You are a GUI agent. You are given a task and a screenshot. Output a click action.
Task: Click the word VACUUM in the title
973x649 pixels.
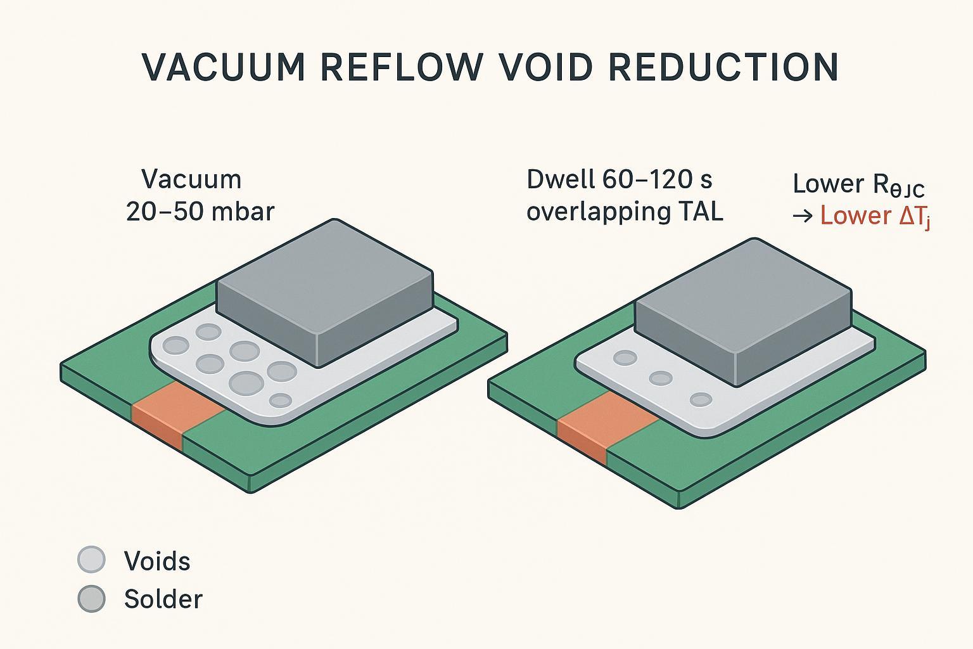[224, 67]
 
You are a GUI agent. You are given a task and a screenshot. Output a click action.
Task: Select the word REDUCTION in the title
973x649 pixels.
[723, 67]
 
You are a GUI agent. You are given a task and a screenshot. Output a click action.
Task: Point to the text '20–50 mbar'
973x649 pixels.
[200, 211]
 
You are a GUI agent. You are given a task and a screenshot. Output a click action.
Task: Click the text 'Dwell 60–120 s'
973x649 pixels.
[619, 180]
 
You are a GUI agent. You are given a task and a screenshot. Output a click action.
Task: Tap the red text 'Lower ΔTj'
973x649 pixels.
[875, 216]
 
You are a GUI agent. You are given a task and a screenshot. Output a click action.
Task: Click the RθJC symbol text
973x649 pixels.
[898, 185]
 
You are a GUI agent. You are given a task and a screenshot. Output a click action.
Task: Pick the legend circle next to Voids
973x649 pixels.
[91, 560]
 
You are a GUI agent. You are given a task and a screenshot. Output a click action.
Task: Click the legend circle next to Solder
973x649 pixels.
[91, 598]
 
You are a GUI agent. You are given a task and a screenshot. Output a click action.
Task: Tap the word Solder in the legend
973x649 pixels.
[163, 599]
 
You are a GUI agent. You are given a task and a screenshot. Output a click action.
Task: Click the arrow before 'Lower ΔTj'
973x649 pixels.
[803, 216]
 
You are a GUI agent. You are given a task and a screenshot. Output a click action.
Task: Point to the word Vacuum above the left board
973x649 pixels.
[191, 179]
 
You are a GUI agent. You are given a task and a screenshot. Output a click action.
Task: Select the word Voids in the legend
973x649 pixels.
[157, 561]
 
